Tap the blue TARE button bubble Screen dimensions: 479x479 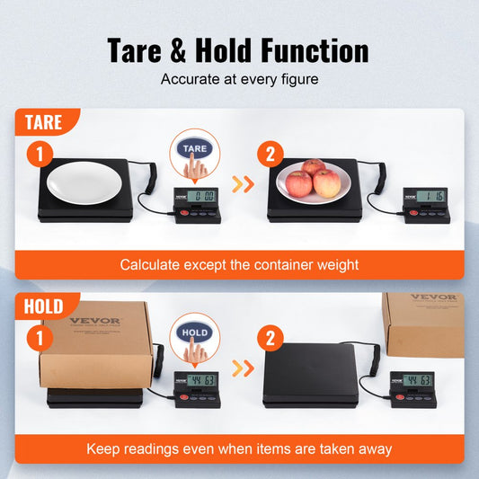(x=195, y=147)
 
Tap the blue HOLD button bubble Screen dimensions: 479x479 (x=195, y=331)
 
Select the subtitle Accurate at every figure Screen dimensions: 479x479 (x=239, y=79)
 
